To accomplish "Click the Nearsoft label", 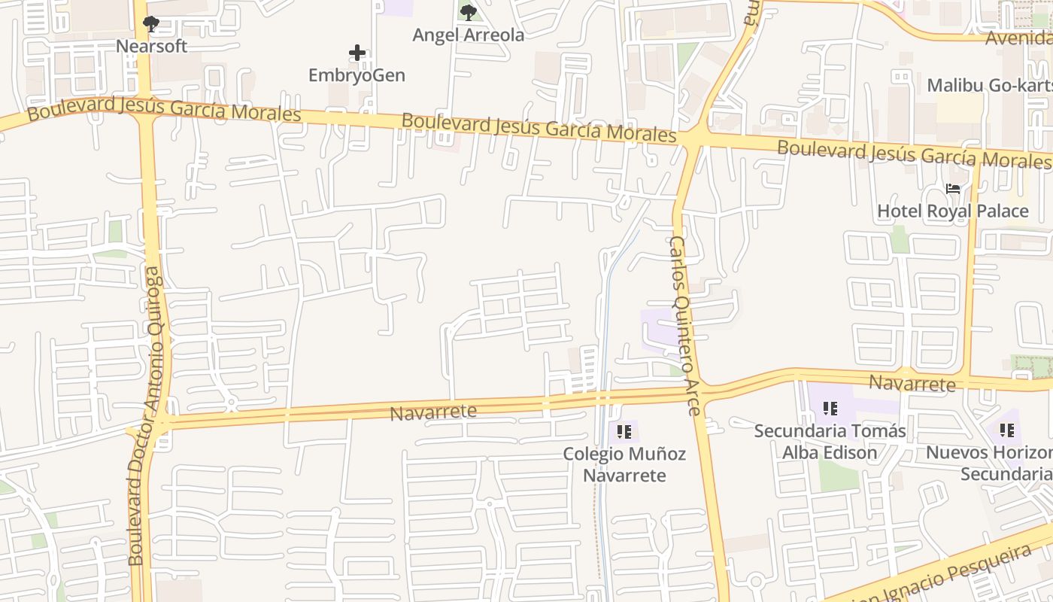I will tap(151, 46).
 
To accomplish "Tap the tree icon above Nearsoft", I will tap(151, 24).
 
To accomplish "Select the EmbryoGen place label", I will tap(357, 75).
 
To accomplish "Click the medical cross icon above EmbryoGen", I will tap(357, 53).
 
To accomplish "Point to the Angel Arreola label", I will tap(469, 35).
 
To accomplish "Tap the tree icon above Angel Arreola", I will tap(469, 13).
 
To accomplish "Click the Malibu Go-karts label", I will tap(989, 85).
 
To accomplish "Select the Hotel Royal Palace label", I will tap(952, 211).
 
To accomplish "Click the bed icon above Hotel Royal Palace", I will tap(953, 189).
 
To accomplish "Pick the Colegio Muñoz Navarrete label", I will tap(624, 464).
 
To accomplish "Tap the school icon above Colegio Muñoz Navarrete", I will tap(624, 431).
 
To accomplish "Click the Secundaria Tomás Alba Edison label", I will tap(830, 442).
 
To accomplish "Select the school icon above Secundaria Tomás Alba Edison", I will tap(830, 409).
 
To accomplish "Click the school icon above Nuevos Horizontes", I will tap(1007, 430).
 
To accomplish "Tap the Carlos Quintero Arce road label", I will tap(684, 325).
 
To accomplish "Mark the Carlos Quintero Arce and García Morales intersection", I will tap(693, 138).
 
